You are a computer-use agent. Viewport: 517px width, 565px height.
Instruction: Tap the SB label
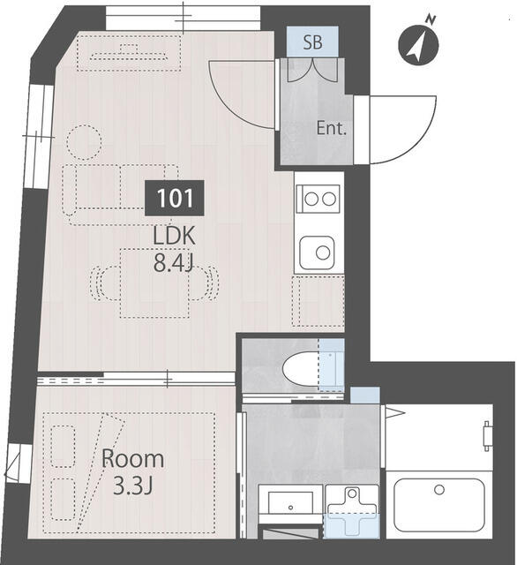312,41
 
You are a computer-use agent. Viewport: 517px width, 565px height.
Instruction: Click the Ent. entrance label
331,129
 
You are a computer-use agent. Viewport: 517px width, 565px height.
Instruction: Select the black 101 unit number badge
174,198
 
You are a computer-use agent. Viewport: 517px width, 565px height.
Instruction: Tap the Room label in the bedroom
132,459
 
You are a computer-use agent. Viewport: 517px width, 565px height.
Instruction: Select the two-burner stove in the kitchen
318,199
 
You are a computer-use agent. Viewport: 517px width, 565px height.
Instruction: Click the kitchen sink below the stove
317,253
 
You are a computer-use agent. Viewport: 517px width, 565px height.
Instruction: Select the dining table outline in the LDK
154,282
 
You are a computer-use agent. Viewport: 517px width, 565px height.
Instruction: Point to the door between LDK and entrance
243,93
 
